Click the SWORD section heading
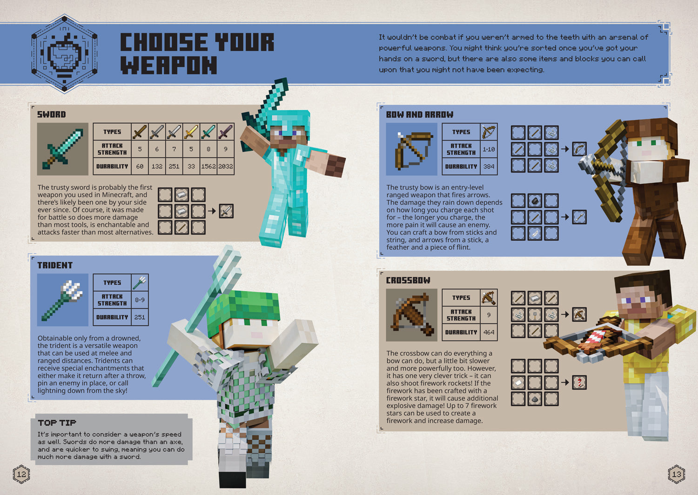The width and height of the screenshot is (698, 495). click(52, 114)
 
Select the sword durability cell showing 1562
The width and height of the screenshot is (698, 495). click(208, 166)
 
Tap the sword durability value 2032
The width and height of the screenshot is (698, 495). click(226, 166)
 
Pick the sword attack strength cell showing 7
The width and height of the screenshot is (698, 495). click(174, 149)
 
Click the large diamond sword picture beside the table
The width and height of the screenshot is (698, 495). click(63, 149)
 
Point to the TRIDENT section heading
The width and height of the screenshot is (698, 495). click(55, 265)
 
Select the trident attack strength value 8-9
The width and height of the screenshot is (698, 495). click(140, 300)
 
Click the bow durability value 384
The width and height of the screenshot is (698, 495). click(489, 166)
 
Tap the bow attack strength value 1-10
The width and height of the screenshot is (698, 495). click(489, 149)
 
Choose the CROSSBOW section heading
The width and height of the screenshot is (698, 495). click(408, 280)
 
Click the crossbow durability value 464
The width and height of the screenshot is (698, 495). click(489, 332)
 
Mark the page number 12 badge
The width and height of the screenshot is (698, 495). click(21, 475)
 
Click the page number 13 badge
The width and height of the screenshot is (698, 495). click(676, 475)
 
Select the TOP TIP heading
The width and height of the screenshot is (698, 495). click(57, 422)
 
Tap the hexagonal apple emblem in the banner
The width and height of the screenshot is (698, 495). click(64, 54)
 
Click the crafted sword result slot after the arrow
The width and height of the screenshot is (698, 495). click(226, 211)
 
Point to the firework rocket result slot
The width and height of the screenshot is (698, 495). click(579, 382)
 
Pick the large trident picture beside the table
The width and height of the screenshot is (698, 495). click(63, 300)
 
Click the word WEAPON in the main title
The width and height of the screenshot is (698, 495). click(169, 65)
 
